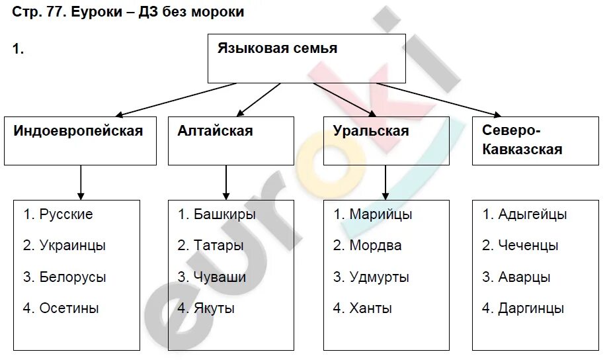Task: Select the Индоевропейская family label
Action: click(78, 131)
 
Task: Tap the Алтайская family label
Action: click(215, 131)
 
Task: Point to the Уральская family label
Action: click(371, 131)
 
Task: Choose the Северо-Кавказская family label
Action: click(522, 140)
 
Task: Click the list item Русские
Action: click(65, 214)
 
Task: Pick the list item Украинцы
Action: click(72, 246)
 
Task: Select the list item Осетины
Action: click(69, 308)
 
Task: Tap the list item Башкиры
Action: click(224, 214)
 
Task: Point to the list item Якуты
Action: click(214, 308)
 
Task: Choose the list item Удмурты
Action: click(379, 277)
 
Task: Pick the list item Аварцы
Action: click(524, 277)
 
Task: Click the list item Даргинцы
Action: click(531, 308)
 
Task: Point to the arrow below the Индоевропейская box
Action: click(81, 182)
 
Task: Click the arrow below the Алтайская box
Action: click(225, 182)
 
